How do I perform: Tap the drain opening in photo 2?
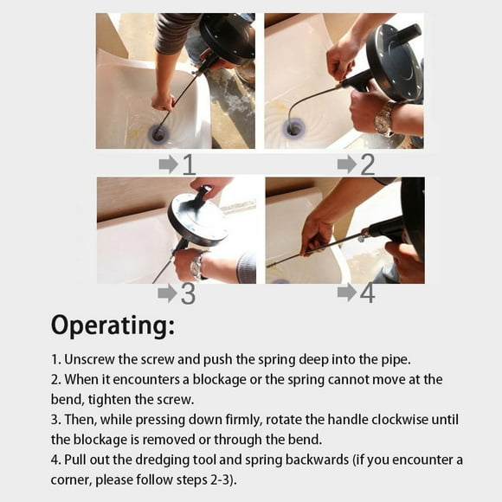[x=294, y=129]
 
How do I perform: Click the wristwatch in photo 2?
[x=385, y=119]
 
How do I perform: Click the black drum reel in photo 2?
[x=394, y=62]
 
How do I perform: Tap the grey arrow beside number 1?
[x=168, y=164]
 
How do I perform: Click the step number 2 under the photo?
[x=368, y=164]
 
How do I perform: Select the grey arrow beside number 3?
[x=168, y=293]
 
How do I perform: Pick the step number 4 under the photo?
[x=368, y=293]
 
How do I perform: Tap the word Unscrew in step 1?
[x=89, y=359]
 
